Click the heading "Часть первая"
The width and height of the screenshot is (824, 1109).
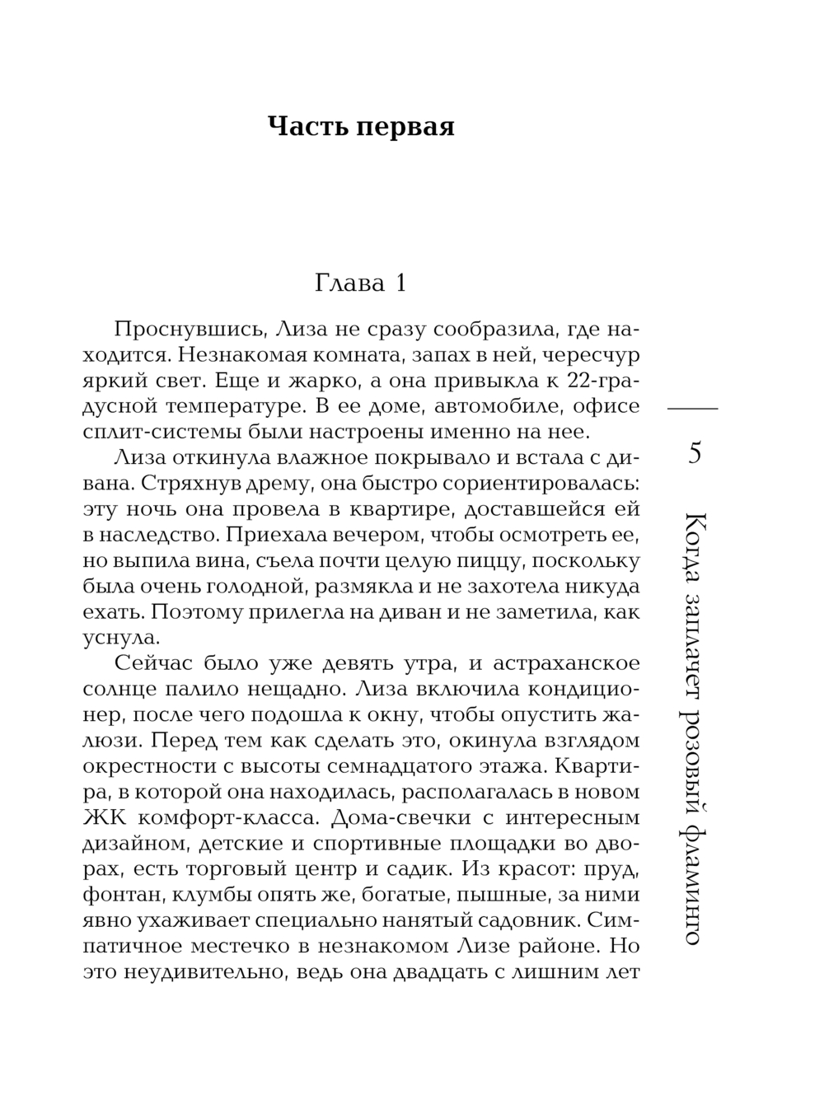361,128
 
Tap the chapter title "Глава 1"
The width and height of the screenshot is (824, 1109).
360,283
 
